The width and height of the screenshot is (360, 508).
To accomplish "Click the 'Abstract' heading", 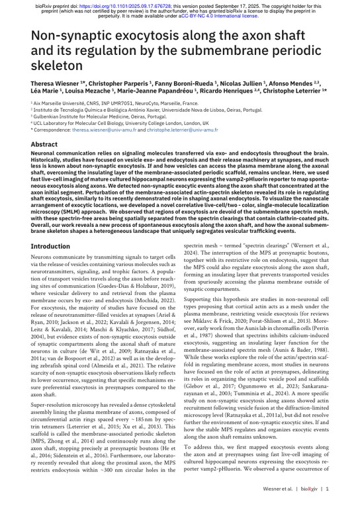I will (x=44, y=144).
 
